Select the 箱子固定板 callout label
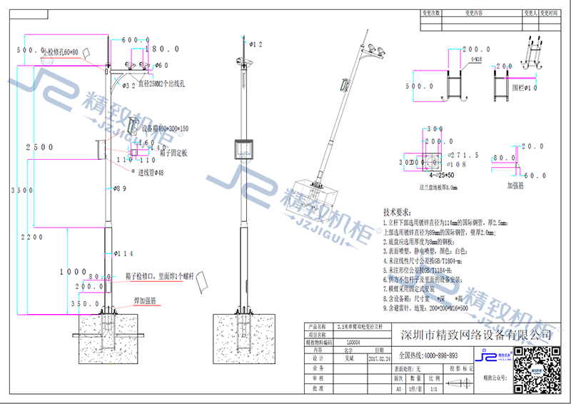click(173, 153)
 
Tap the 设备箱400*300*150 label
click(165, 129)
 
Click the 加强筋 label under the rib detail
click(517, 184)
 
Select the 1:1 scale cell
click(435, 390)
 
